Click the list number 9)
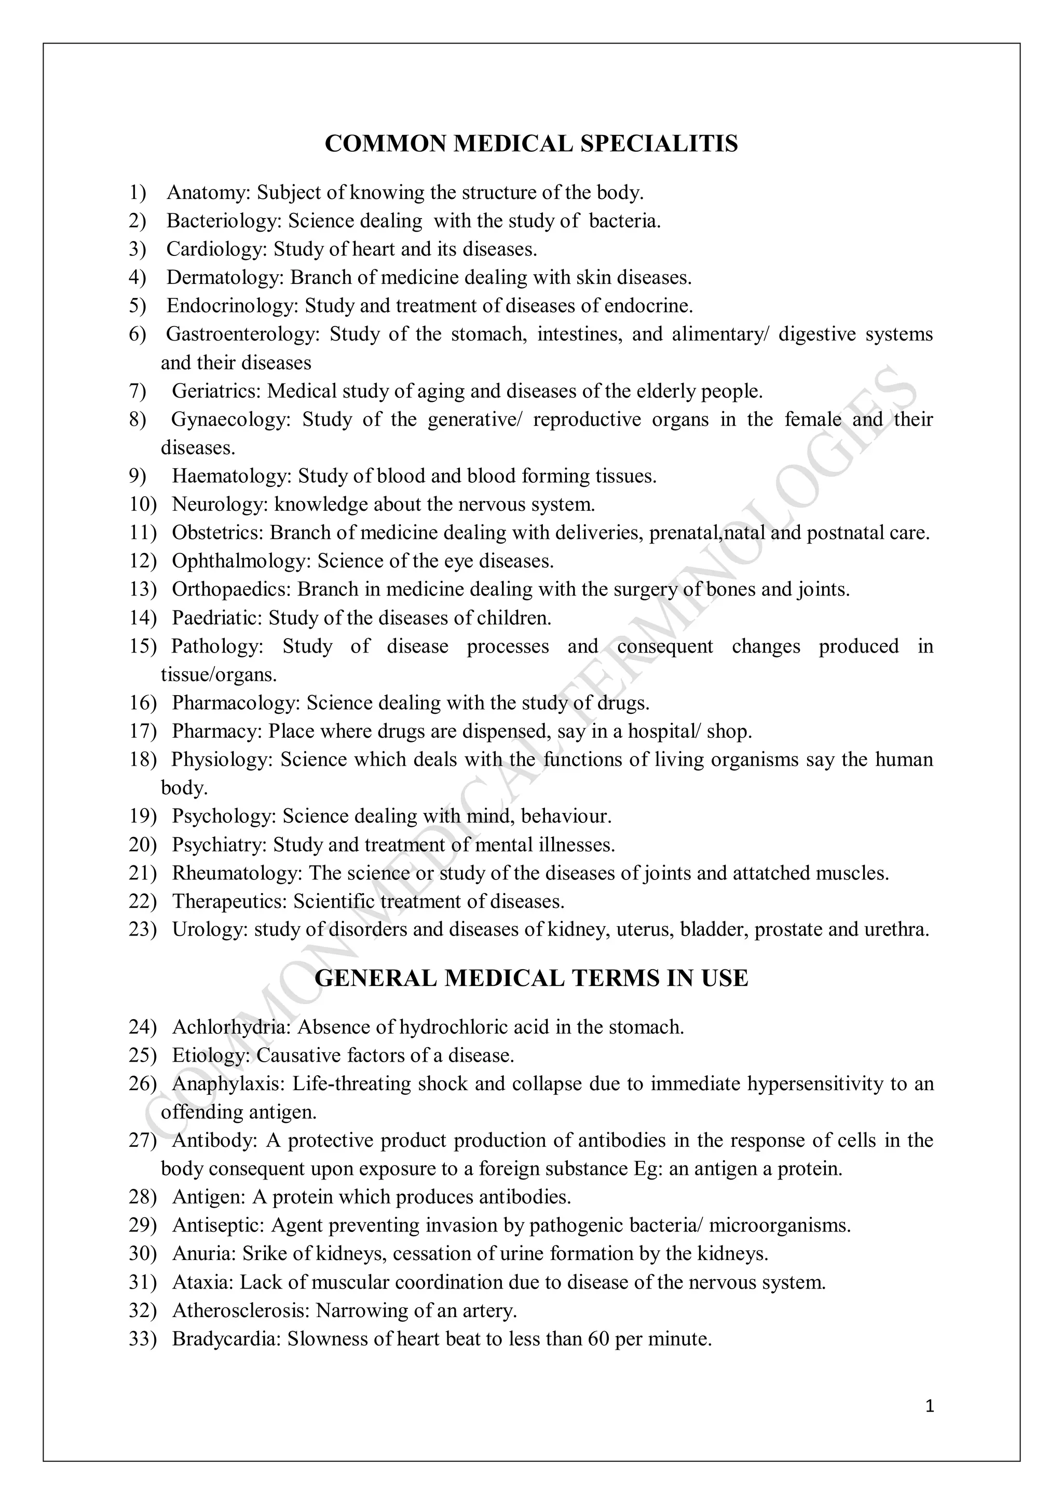(x=138, y=476)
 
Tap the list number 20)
(x=143, y=845)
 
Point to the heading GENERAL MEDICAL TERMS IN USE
(x=531, y=978)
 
